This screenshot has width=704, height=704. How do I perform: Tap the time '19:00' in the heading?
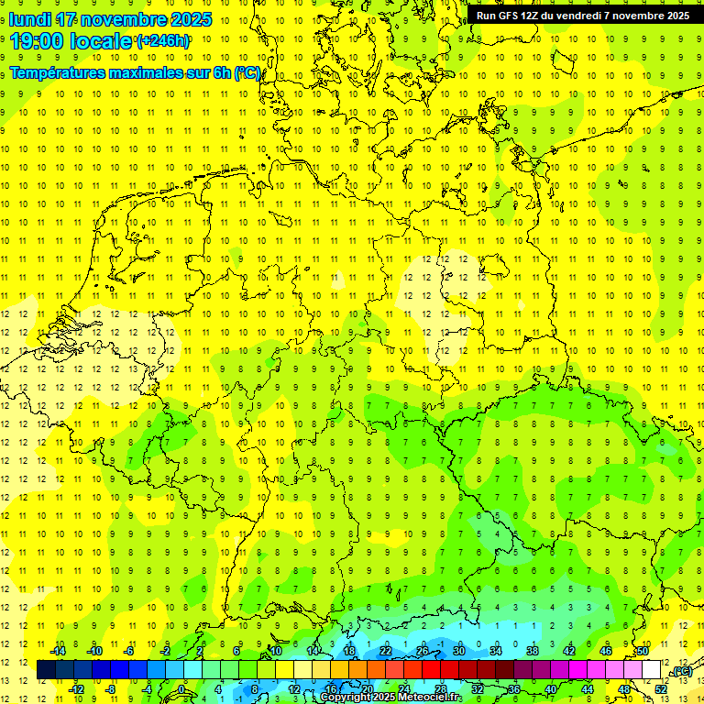[38, 41]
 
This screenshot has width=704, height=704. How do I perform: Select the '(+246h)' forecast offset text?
[163, 41]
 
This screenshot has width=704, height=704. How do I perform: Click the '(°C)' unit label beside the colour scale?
[681, 672]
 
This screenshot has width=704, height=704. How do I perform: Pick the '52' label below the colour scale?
[661, 689]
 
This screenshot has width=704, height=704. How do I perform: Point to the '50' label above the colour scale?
[643, 651]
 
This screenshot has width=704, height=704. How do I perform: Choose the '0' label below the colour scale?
[182, 689]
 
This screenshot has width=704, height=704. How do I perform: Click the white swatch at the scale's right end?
[651, 670]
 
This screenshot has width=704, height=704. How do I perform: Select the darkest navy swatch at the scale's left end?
[46, 670]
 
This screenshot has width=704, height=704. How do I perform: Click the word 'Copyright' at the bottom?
[346, 698]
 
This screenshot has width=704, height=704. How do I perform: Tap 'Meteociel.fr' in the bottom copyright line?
[430, 698]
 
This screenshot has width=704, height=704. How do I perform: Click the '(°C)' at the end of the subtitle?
[248, 73]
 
